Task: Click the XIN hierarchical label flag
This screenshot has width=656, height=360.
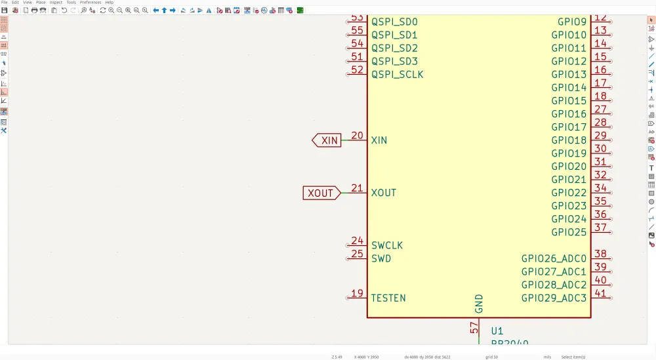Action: pyautogui.click(x=327, y=140)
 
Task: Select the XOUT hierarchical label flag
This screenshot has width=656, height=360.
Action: pyautogui.click(x=321, y=193)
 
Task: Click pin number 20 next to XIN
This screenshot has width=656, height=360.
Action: pyautogui.click(x=357, y=136)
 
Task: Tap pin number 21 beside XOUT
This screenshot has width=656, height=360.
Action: pyautogui.click(x=357, y=188)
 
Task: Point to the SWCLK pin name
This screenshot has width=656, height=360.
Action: pyautogui.click(x=387, y=245)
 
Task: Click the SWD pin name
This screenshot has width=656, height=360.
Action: pyautogui.click(x=381, y=258)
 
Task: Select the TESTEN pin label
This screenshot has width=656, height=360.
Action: pyautogui.click(x=388, y=298)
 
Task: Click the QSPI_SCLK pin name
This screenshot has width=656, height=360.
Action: pyautogui.click(x=398, y=75)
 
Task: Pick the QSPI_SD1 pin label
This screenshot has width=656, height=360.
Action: pyautogui.click(x=394, y=35)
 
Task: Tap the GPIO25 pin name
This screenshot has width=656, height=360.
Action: pyautogui.click(x=569, y=232)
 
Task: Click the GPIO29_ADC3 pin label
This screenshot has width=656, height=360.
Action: pyautogui.click(x=554, y=298)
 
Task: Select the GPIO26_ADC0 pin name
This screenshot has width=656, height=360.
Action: pyautogui.click(x=554, y=259)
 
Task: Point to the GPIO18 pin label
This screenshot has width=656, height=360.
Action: pyautogui.click(x=569, y=140)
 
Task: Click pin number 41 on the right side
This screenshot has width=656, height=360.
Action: pyautogui.click(x=600, y=293)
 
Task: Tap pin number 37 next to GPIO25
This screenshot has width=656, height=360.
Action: pyautogui.click(x=600, y=228)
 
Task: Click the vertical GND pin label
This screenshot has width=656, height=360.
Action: pyautogui.click(x=479, y=304)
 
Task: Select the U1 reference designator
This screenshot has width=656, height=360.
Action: pyautogui.click(x=497, y=331)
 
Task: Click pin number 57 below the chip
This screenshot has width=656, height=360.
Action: pyautogui.click(x=474, y=328)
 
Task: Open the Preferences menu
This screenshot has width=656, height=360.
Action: pyautogui.click(x=91, y=3)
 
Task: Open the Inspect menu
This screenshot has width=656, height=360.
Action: pyautogui.click(x=56, y=3)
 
